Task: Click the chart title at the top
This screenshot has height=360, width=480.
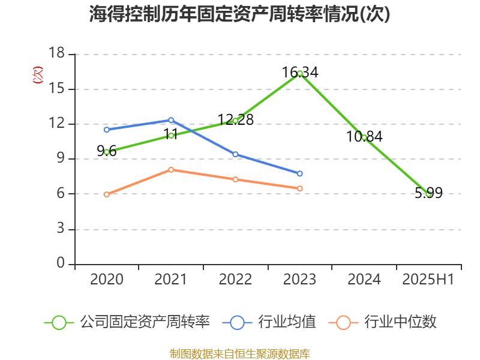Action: point(239,14)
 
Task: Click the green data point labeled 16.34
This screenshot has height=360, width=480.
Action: point(299,73)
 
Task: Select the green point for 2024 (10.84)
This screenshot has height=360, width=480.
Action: point(364,137)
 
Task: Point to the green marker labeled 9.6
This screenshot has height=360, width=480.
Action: point(107,152)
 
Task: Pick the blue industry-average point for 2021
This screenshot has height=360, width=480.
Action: point(171,120)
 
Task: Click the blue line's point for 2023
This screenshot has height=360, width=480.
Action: point(299,173)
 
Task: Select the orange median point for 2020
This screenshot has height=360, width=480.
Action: point(107,194)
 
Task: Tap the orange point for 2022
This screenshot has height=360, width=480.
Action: point(235,179)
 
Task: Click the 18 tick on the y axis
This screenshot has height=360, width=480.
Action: point(56,54)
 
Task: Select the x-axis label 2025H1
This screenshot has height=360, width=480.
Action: point(428,279)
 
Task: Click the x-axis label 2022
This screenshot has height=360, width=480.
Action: point(235,279)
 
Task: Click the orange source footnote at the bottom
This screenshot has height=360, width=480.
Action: point(239,353)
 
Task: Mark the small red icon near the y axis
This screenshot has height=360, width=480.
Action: point(37,75)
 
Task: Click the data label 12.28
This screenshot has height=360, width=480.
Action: point(235,119)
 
